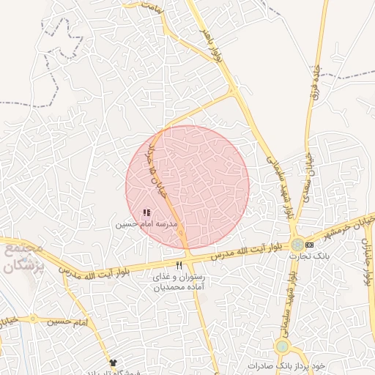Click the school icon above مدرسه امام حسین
tap(146, 212)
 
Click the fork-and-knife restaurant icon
tap(179, 265)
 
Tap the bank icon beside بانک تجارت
tap(309, 244)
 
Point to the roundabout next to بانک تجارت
tap(296, 245)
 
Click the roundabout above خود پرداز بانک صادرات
tap(282, 346)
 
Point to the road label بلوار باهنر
tap(217, 44)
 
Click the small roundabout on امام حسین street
tap(32, 319)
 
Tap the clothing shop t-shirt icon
tap(112, 363)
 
